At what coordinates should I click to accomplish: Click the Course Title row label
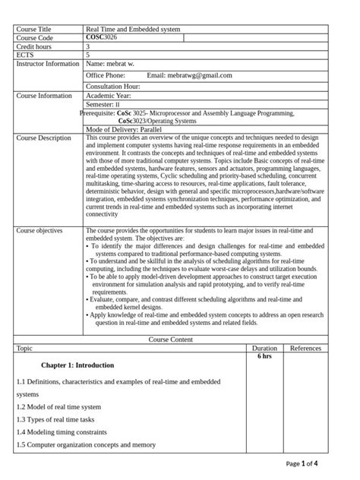34,29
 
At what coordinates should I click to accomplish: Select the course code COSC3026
102,37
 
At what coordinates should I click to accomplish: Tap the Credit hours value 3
88,46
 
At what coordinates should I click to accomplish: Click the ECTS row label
25,55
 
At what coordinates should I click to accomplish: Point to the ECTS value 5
88,55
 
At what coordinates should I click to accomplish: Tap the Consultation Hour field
118,87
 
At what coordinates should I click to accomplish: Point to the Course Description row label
43,138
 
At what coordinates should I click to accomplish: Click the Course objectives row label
39,230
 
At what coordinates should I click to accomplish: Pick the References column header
305,348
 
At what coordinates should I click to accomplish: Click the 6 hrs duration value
264,356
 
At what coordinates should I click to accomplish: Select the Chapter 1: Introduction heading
77,365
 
